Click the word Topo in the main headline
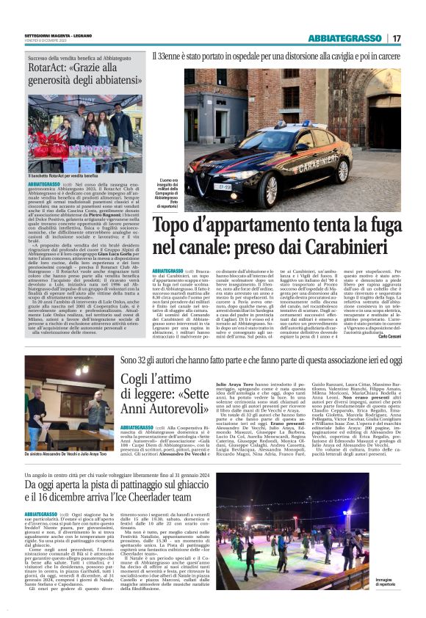coord(177,230)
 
